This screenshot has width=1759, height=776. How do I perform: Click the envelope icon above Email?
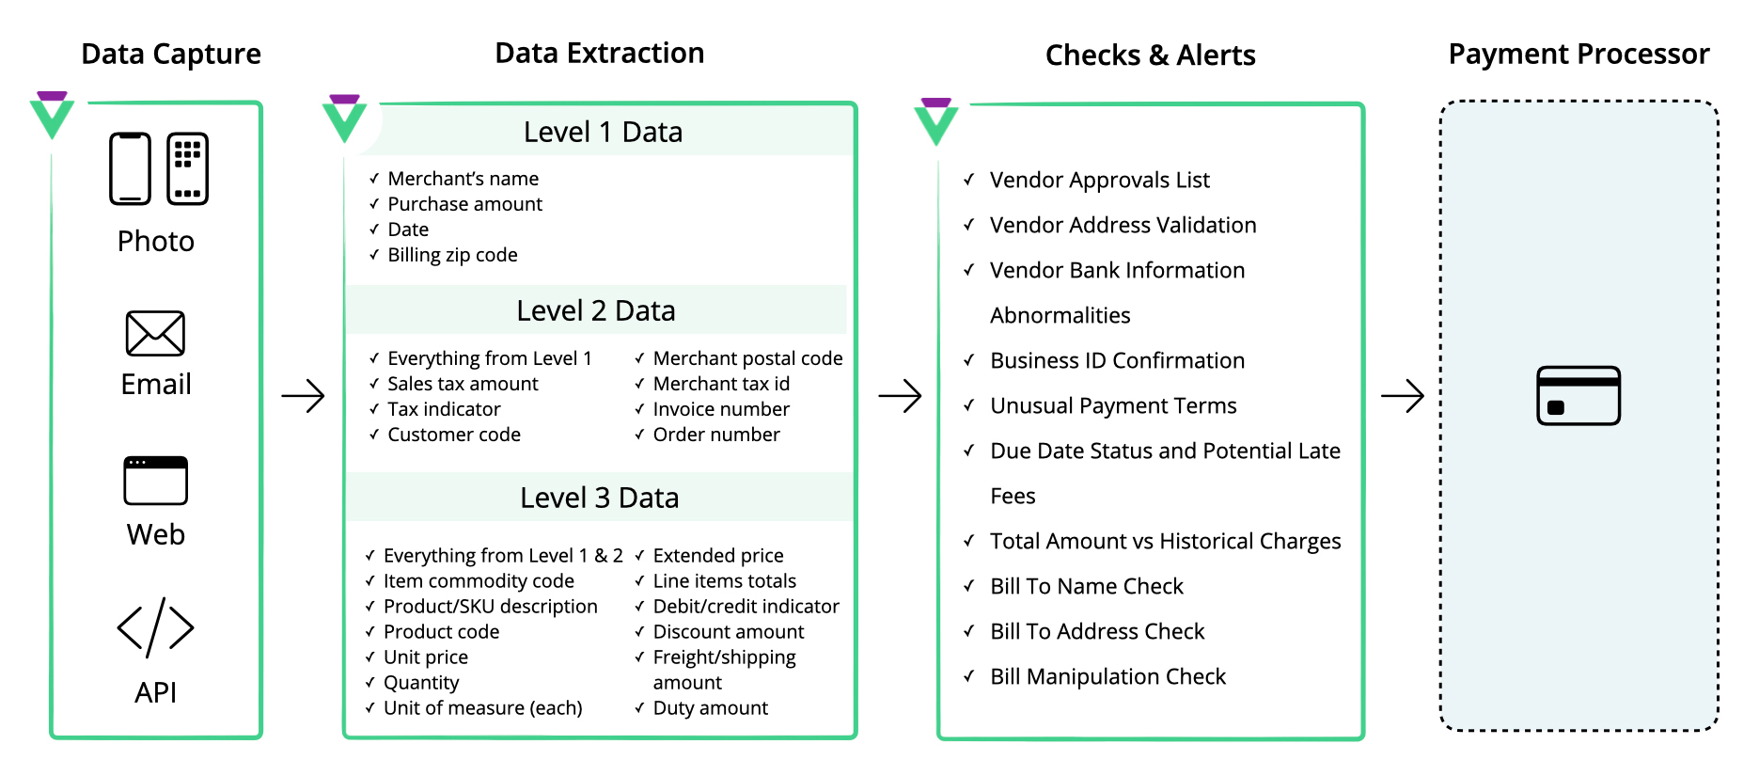(x=155, y=333)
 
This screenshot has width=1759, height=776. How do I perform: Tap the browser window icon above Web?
(x=155, y=481)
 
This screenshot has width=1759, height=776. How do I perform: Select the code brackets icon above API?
(x=155, y=627)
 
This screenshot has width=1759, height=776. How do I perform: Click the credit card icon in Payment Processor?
(x=1578, y=395)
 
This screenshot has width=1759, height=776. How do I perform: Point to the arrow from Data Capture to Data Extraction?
(x=303, y=396)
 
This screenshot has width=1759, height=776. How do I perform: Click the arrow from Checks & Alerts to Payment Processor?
(x=1403, y=396)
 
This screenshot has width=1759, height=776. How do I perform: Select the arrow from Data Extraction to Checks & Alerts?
(x=900, y=396)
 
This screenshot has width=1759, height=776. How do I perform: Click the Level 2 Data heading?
(x=596, y=310)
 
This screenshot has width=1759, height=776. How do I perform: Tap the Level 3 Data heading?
(x=600, y=498)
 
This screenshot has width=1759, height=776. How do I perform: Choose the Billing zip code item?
(x=452, y=255)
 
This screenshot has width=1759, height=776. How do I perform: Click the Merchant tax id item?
(x=721, y=384)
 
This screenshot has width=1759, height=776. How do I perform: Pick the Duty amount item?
(x=710, y=708)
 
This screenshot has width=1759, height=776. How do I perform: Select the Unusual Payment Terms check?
(x=1113, y=405)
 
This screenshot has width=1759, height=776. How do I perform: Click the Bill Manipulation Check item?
(x=1107, y=676)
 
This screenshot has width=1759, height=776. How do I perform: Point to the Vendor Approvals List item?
(x=1099, y=180)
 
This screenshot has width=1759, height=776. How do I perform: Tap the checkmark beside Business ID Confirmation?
(x=968, y=359)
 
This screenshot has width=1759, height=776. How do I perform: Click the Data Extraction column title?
(x=600, y=53)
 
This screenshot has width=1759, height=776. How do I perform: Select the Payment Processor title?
(x=1578, y=54)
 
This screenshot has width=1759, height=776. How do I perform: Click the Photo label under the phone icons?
(x=156, y=241)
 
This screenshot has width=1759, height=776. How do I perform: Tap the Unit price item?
(x=425, y=657)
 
